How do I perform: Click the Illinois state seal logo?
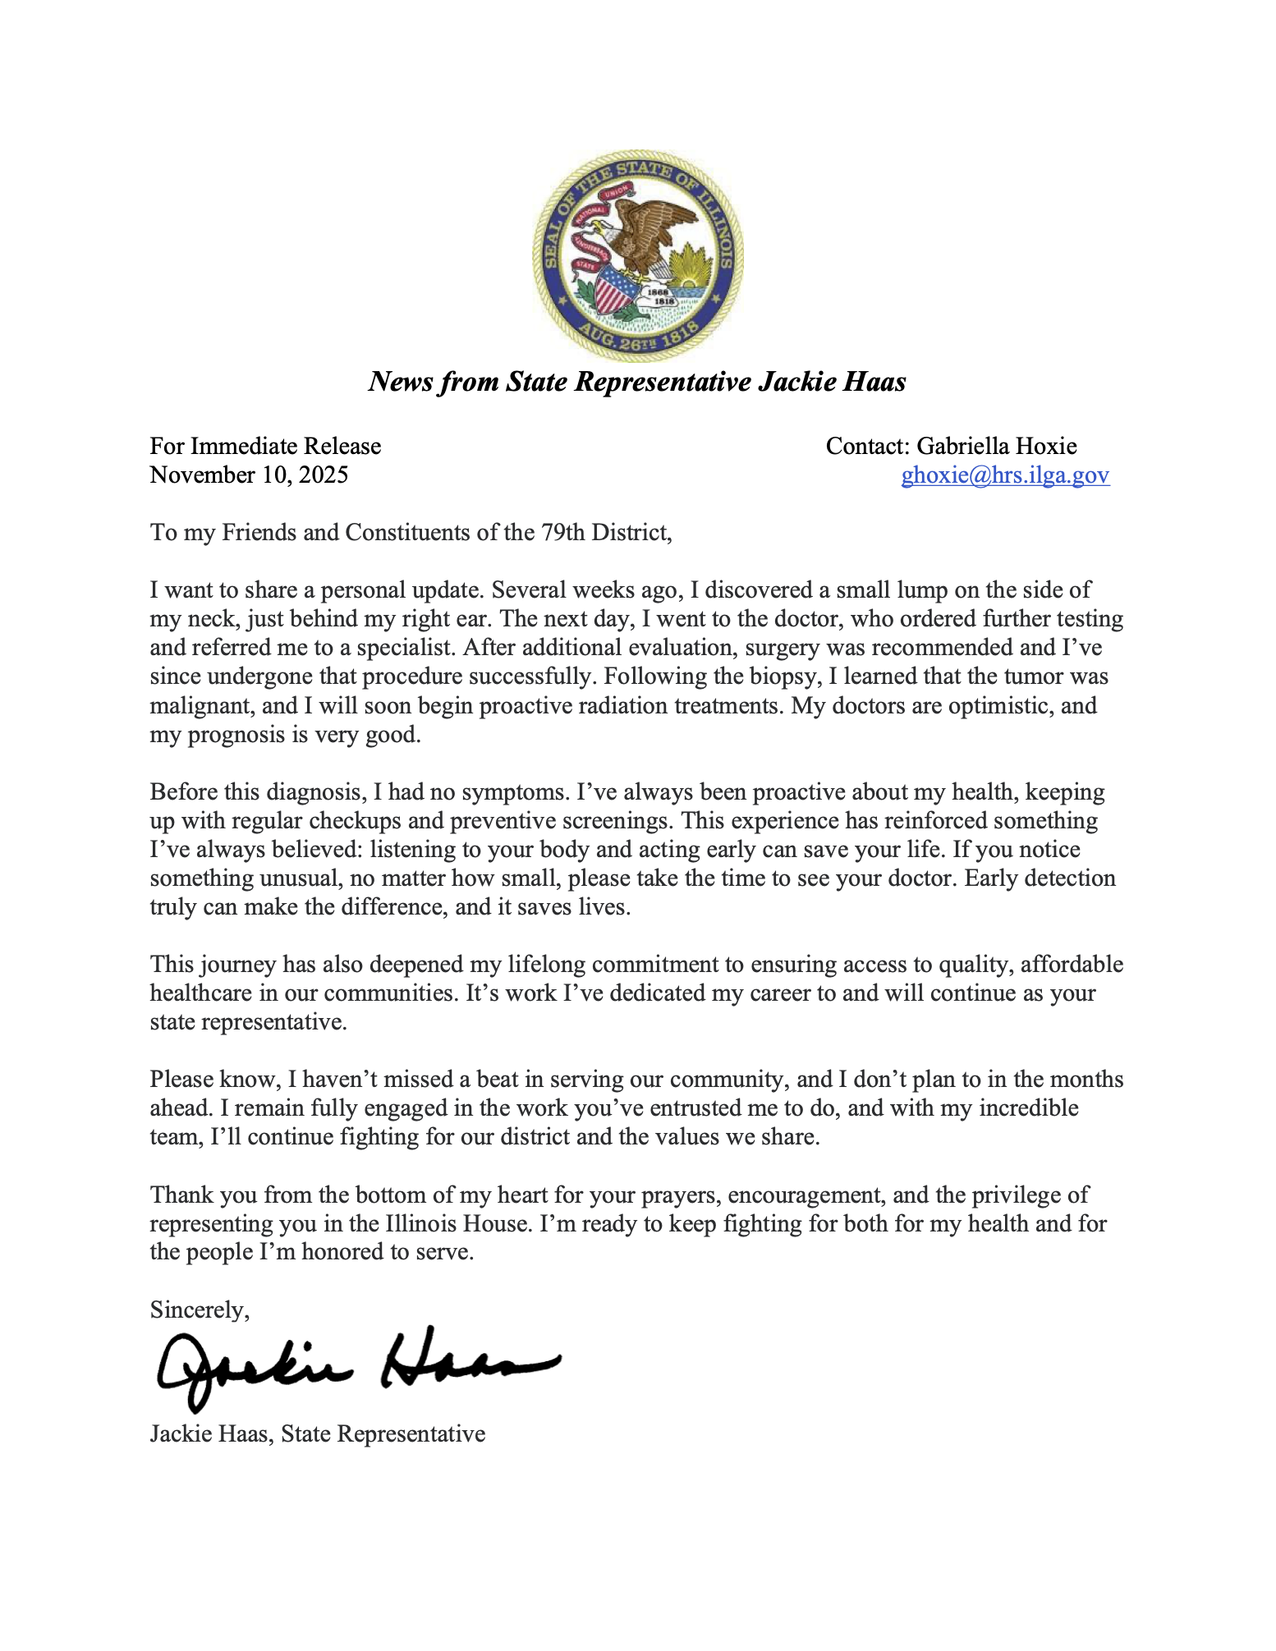pos(637,255)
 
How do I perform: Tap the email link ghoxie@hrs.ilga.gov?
pos(1005,475)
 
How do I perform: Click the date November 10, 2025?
pos(249,475)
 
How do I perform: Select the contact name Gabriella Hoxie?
pos(996,446)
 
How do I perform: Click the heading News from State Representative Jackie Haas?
pos(637,382)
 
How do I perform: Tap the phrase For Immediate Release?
pos(265,446)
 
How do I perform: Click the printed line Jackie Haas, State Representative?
pos(318,1433)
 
